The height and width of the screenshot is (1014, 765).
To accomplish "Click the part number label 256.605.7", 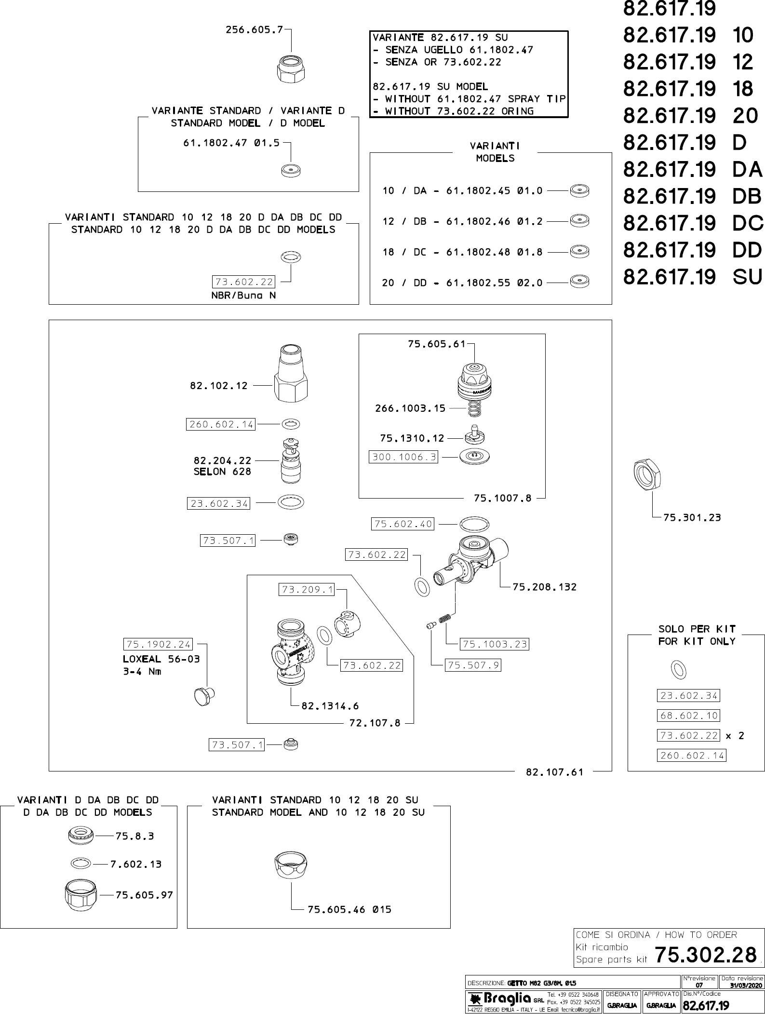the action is [255, 30].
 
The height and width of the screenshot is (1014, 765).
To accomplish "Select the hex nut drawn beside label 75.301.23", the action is [647, 474].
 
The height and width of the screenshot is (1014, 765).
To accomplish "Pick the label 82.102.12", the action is [219, 386].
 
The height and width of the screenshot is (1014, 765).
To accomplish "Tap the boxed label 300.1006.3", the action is [403, 457].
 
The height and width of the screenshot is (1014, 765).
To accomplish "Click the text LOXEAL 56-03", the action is [161, 659].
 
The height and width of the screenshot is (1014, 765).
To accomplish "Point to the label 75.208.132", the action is [545, 587].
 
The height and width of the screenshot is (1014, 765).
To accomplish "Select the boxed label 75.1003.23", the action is [495, 644].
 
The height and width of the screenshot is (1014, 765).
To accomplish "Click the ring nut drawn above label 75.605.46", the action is [291, 866].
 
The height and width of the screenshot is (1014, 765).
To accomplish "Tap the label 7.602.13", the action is [136, 864].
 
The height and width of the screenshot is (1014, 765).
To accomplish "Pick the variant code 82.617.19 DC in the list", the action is [693, 223].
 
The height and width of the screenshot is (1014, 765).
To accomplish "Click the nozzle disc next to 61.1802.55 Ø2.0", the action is [579, 282].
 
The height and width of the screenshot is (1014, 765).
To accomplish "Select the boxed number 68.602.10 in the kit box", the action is [688, 716].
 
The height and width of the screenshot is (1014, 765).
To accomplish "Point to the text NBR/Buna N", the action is [244, 296].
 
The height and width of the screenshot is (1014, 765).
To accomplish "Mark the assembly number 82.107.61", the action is [554, 772].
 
